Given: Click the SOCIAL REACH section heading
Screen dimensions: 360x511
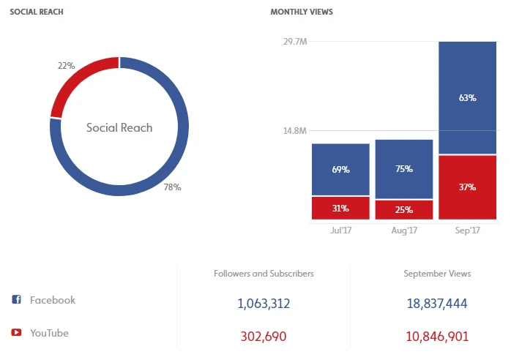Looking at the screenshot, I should [x=34, y=12].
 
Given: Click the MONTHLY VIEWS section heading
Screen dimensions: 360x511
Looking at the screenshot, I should [x=302, y=12].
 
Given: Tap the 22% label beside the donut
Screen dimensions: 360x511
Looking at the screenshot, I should [x=66, y=65].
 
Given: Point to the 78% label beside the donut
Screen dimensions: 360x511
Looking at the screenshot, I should [x=172, y=187].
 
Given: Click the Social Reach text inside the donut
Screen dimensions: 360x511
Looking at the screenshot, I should [x=119, y=127].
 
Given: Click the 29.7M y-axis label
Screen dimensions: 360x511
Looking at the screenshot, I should [x=294, y=42].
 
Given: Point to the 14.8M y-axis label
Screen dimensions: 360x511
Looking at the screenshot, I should [x=294, y=131].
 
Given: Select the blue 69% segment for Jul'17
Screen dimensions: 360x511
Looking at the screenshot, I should [x=340, y=170].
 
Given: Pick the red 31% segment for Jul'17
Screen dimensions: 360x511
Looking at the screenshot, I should [x=340, y=208].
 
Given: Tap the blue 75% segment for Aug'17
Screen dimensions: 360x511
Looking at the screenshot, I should [x=404, y=169].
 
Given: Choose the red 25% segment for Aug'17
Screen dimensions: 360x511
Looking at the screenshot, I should [x=404, y=210].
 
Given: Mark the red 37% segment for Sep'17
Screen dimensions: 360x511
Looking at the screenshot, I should [x=467, y=187].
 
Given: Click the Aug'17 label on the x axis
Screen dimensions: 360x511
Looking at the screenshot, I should [x=404, y=230].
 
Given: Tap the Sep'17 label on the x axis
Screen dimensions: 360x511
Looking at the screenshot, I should [x=467, y=230].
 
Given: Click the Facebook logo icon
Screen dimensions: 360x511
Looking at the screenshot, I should [x=16, y=300].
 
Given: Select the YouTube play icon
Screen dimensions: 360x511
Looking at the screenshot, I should [x=16, y=333].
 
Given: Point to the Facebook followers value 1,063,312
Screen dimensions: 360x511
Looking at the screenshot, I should [x=264, y=303].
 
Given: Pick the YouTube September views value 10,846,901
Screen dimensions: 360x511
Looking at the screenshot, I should [x=437, y=337].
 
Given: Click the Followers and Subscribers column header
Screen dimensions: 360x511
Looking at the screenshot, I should [x=264, y=274].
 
